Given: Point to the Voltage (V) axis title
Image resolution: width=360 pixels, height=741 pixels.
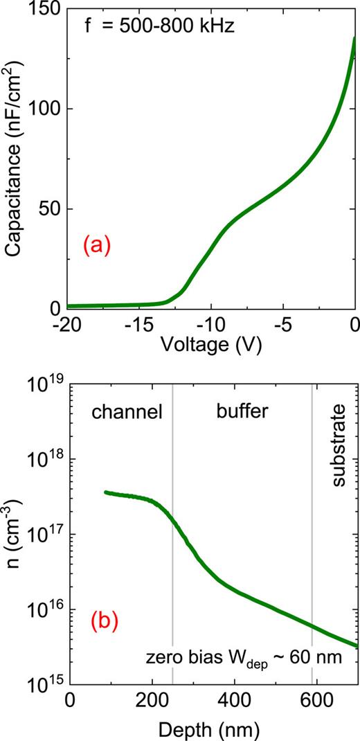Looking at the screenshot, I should pyautogui.click(x=211, y=344).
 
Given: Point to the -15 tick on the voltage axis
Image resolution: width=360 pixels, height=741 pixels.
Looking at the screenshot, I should pyautogui.click(x=140, y=323).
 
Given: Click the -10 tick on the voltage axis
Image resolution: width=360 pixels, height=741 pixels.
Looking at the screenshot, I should pyautogui.click(x=211, y=323).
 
